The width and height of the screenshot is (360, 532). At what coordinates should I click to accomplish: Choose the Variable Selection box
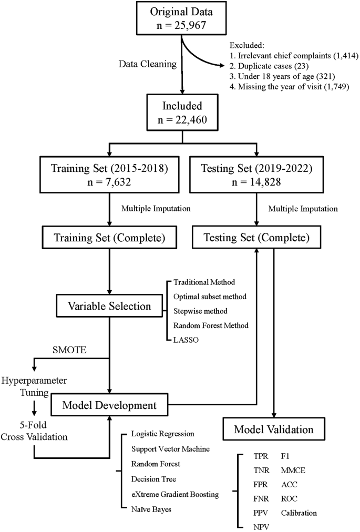point(109,305)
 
